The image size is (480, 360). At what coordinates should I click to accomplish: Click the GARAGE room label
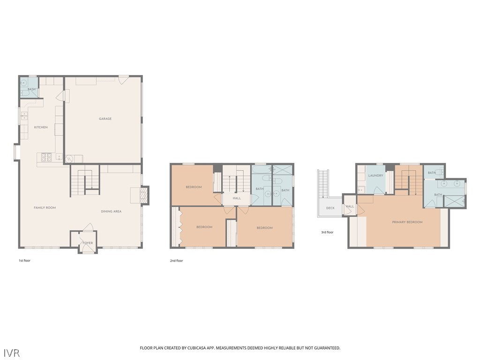click(105, 119)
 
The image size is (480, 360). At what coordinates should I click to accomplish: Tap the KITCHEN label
click(41, 127)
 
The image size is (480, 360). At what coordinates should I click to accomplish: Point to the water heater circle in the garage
click(67, 159)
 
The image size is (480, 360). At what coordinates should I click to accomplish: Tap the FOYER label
click(88, 243)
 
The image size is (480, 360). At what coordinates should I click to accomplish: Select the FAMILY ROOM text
click(45, 208)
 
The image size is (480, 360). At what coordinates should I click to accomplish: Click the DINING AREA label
click(111, 211)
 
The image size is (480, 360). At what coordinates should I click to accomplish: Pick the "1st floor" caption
click(24, 261)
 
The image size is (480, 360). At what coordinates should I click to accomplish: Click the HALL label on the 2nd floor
click(237, 198)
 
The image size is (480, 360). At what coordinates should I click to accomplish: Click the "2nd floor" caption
click(176, 261)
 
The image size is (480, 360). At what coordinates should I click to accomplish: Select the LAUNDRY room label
click(375, 176)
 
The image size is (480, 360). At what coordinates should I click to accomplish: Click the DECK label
click(330, 208)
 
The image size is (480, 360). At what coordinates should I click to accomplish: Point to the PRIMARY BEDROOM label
click(407, 222)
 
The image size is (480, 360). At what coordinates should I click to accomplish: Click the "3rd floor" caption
click(327, 232)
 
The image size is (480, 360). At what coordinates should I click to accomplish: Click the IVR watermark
click(12, 352)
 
